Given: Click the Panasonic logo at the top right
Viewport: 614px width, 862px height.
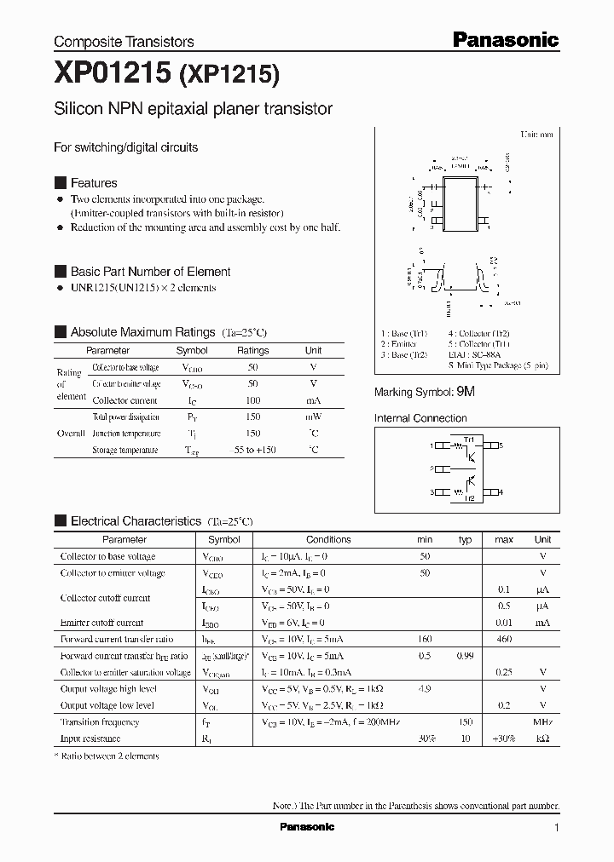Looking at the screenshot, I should click(505, 39).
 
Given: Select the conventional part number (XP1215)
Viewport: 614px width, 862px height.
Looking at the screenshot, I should click(229, 77).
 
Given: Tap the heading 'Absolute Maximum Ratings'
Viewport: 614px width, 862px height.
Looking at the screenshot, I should click(142, 331).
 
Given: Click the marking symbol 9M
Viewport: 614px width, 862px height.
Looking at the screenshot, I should click(466, 392).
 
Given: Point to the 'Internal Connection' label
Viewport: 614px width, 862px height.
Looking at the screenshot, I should click(420, 418).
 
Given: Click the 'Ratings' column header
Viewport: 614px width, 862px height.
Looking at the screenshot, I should click(252, 350).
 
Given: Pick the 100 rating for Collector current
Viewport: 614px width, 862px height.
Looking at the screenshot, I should click(252, 399).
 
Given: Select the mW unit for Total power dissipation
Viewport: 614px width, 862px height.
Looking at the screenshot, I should click(313, 417).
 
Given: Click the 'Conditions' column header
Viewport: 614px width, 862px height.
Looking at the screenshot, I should click(328, 539).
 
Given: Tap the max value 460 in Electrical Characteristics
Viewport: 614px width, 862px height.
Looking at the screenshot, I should click(504, 639).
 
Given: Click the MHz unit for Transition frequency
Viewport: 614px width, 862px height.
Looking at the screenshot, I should click(542, 722).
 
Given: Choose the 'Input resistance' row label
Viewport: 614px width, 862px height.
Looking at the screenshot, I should click(90, 738).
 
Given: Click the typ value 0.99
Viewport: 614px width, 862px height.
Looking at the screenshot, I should click(465, 656).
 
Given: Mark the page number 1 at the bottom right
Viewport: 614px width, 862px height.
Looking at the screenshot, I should click(556, 828).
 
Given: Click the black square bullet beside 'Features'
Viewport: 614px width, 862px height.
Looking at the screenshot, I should click(60, 183).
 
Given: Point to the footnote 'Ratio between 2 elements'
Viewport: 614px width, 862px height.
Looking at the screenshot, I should click(110, 756).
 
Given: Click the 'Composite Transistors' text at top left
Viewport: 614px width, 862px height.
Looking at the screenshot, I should click(124, 42).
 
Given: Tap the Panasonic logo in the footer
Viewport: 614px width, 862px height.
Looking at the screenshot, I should click(307, 827).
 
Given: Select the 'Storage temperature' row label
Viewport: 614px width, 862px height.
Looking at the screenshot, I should click(125, 450).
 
